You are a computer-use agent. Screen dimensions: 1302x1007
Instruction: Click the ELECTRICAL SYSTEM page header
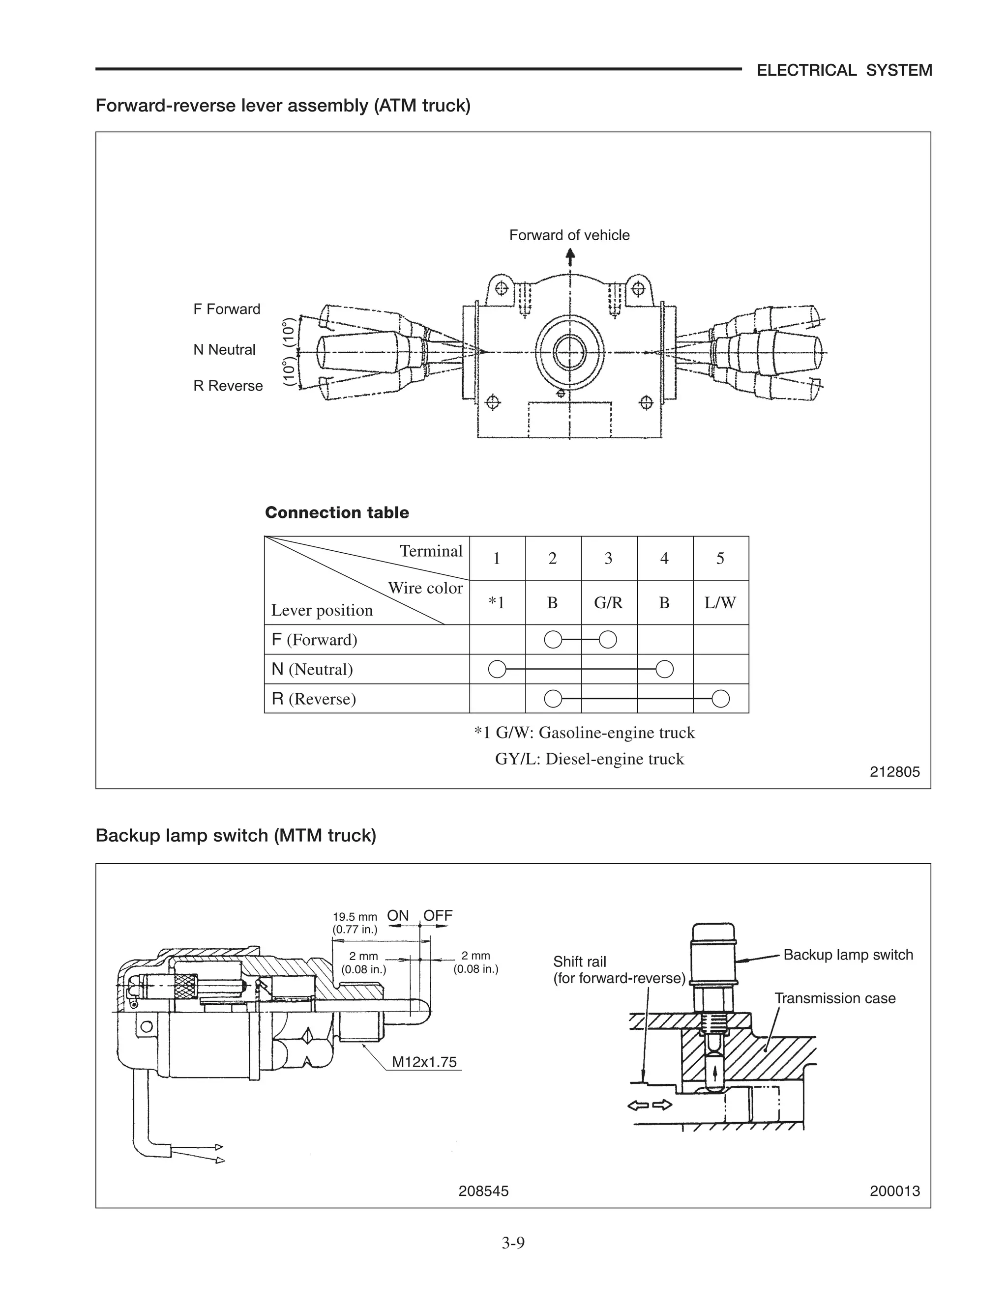coord(844,70)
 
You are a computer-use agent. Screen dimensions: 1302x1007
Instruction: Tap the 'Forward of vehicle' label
coord(569,235)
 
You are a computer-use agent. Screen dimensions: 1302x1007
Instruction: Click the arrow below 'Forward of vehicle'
coord(570,257)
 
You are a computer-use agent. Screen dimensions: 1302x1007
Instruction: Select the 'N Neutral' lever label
coord(224,349)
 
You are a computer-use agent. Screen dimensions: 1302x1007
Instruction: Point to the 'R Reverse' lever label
coord(228,386)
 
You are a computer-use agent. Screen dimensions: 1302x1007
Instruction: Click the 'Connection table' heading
coord(336,512)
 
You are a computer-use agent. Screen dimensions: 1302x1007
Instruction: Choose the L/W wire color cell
coord(720,603)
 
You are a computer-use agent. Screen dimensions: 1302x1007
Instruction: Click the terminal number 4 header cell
coord(664,558)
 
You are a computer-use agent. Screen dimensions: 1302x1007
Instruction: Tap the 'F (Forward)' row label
coord(314,640)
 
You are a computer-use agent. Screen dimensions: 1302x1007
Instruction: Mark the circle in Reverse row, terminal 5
coord(721,698)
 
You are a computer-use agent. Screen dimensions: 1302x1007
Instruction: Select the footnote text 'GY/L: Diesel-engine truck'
coord(590,759)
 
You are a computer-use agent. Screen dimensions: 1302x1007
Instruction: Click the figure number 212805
coord(895,771)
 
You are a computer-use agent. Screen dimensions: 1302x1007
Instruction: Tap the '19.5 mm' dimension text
coord(355,917)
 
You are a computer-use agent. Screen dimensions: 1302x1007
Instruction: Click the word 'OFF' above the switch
coord(438,915)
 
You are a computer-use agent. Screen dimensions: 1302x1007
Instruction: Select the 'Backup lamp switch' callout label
coord(848,955)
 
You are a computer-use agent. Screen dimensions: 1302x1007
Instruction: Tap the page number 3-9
coord(512,1243)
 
